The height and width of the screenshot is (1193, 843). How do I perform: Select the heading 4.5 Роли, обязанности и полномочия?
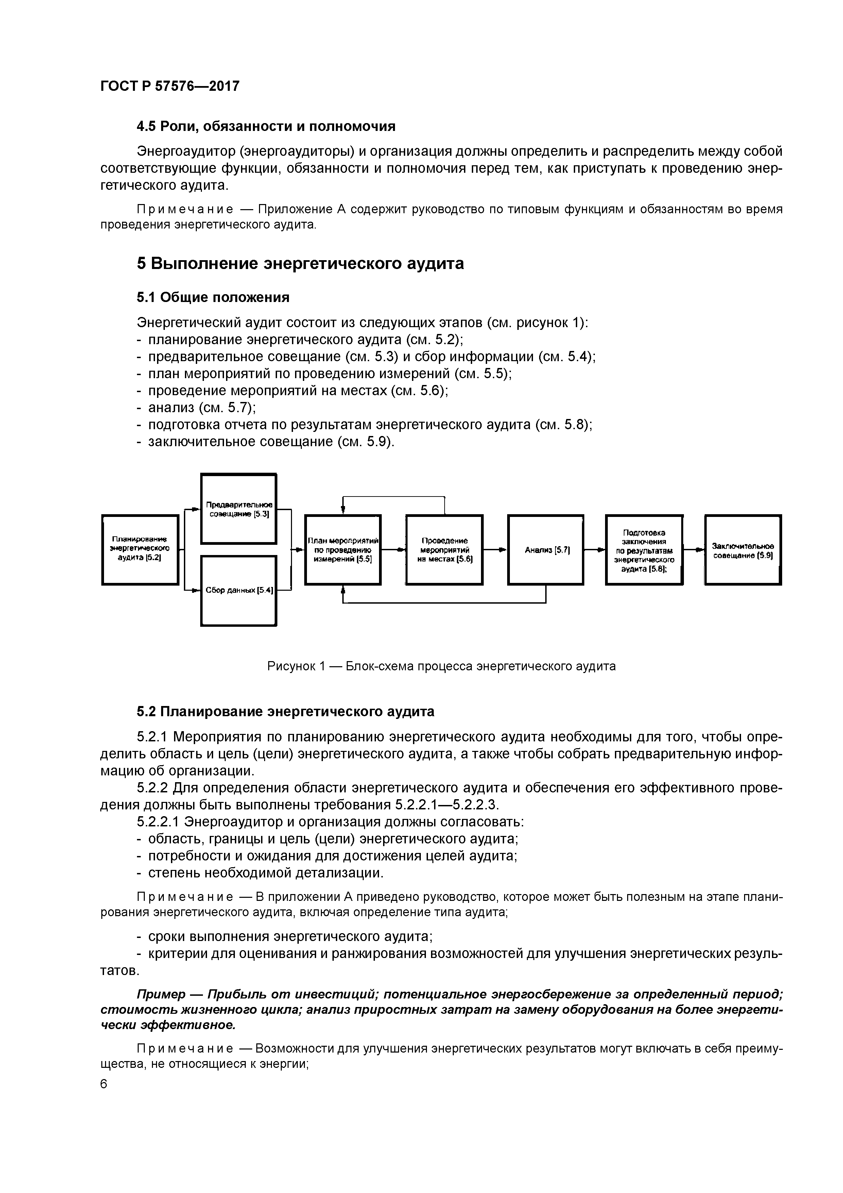tap(266, 126)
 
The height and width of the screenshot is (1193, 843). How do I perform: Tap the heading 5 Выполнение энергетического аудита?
tap(300, 264)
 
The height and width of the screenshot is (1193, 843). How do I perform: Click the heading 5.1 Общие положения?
tap(213, 297)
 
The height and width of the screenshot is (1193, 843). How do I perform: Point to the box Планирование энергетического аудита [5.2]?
tap(140, 549)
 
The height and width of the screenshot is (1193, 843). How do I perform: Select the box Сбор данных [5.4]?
tap(238, 590)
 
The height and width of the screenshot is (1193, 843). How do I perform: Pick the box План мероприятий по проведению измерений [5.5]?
tap(343, 549)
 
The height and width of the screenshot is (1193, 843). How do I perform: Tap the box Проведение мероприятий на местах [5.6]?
tap(444, 549)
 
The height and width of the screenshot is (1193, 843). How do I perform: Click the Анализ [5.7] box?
tap(545, 549)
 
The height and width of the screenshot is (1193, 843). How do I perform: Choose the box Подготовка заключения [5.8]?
tap(644, 549)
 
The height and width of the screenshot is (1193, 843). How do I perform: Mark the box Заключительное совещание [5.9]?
tap(743, 549)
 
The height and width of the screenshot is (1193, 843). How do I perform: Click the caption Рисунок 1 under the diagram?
tap(441, 667)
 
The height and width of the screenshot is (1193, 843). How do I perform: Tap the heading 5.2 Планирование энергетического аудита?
tap(285, 711)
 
